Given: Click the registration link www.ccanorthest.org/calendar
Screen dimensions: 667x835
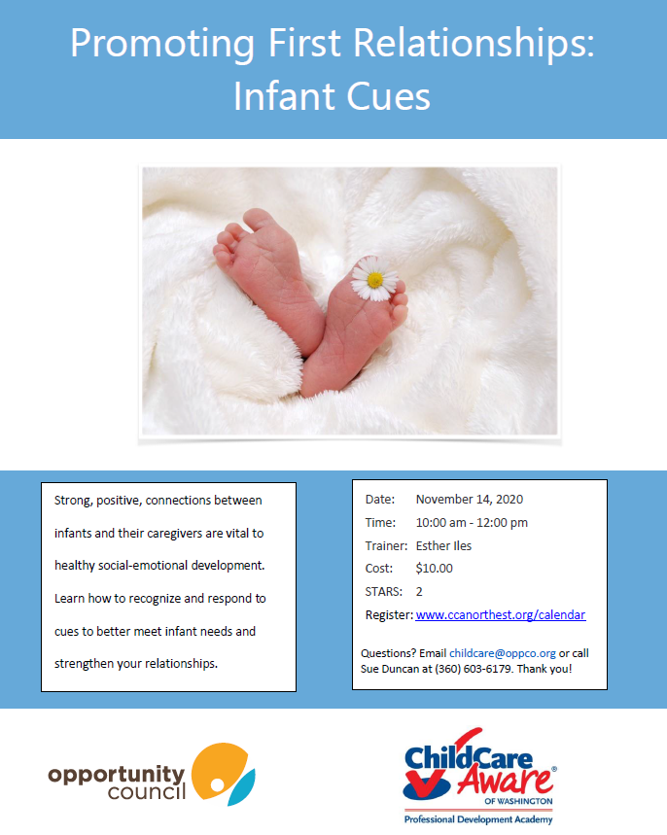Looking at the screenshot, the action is (500, 615).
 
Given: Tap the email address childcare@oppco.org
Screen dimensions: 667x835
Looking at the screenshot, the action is (503, 653).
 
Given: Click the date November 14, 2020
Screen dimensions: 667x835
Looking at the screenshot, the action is (470, 500).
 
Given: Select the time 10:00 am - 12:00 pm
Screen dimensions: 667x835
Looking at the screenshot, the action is (472, 523).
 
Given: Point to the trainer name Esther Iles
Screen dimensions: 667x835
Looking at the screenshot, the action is (443, 546).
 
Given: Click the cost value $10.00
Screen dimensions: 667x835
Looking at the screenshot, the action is (435, 569).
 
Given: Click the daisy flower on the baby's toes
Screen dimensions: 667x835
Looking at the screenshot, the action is (374, 279).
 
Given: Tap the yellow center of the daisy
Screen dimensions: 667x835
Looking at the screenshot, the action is (375, 280).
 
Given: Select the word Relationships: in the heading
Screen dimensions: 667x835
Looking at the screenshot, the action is (474, 43).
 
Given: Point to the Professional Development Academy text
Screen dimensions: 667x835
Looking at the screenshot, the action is (477, 819).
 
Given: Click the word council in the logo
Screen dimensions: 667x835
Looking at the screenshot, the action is (147, 792).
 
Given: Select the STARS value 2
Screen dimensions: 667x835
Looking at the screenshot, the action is (419, 592).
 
